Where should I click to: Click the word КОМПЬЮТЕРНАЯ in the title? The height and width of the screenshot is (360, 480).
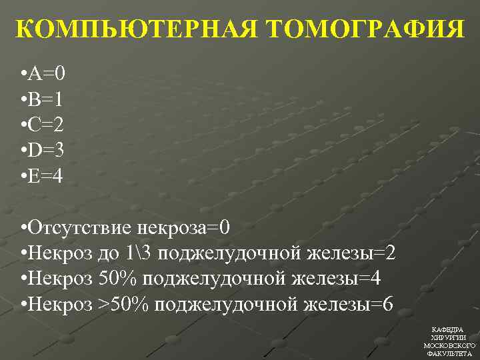tap(136, 30)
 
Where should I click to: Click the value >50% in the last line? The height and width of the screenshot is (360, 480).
tap(124, 304)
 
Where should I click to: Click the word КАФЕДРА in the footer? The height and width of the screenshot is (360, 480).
tap(449, 330)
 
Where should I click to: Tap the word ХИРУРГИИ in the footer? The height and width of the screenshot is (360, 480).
tap(449, 338)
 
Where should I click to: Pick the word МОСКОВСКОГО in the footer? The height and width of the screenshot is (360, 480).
tap(449, 346)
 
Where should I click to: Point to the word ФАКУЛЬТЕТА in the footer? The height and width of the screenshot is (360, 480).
tap(449, 354)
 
